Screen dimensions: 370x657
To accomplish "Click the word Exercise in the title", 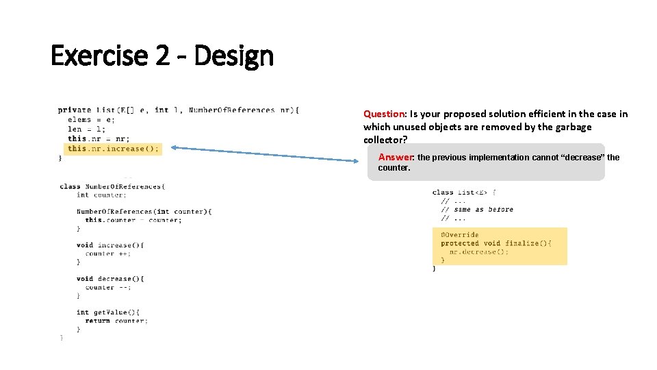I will point(100,56).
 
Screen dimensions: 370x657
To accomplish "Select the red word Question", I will point(384,114).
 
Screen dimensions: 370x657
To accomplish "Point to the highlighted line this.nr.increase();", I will point(113,149).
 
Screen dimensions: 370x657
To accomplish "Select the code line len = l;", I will point(86,129).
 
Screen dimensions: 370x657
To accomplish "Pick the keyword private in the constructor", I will point(75,110).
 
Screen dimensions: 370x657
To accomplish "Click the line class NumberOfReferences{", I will point(112,186).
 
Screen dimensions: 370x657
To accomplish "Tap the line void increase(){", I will point(110,245).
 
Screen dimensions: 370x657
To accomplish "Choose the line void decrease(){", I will point(110,279).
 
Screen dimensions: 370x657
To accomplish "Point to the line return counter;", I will point(116,321).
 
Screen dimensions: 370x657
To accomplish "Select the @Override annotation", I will point(460,235).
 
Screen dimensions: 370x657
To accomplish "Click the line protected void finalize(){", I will point(495,243).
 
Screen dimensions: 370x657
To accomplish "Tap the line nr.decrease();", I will point(479,251).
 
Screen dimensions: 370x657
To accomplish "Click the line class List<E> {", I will point(464,193).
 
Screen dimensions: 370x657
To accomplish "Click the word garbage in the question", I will point(572,127).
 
